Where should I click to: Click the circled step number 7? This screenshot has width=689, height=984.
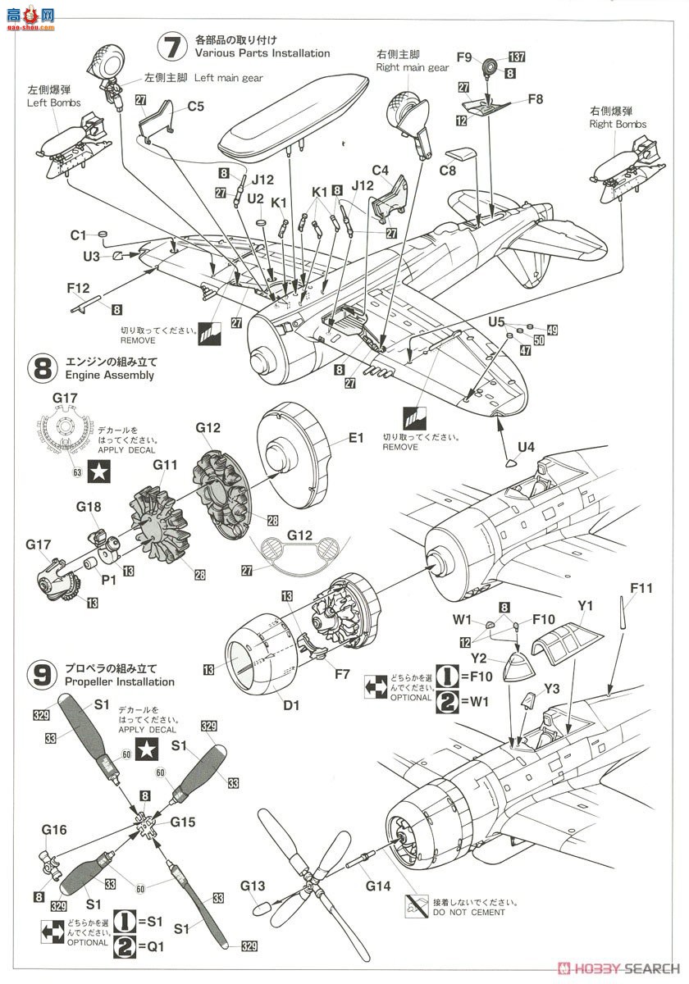coord(170,47)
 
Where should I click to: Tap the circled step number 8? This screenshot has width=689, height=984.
coord(43,367)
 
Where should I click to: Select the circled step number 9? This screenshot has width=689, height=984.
coord(43,674)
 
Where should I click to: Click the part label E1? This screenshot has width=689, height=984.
coord(355,439)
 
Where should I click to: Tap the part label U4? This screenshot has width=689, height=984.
coord(526,447)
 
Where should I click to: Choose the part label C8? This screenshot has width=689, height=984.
coord(447,171)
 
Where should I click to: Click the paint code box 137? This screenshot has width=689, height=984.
coord(517,57)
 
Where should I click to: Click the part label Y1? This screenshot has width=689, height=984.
coord(585,607)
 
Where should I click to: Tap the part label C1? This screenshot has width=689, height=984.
coord(78,235)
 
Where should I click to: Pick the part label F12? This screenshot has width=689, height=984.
coord(78,289)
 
